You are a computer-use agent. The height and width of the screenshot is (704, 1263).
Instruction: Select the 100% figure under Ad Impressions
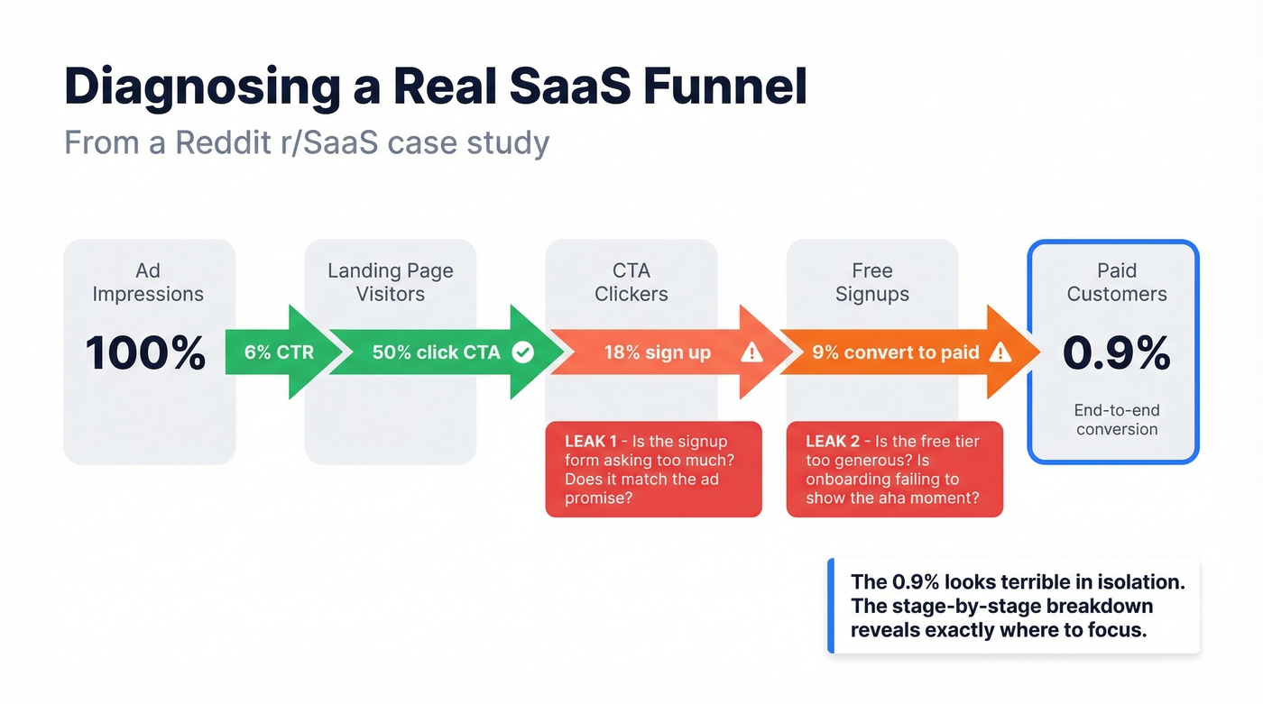point(146,352)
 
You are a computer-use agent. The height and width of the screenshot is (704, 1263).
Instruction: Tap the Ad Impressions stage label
point(148,282)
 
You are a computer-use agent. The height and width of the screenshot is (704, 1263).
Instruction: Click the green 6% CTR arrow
point(278,352)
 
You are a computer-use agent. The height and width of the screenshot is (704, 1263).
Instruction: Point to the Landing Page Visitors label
point(390,282)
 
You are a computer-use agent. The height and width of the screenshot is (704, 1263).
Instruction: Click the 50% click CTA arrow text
point(436,352)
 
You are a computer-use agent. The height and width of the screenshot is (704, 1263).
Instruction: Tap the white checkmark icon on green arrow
point(522,352)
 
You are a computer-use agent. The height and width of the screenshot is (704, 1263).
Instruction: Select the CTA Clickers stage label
point(631,282)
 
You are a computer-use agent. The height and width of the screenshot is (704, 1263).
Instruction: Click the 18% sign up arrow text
point(657,352)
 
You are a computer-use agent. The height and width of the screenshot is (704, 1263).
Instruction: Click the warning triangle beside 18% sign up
point(751,352)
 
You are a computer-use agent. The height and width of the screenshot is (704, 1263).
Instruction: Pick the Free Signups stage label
point(871,282)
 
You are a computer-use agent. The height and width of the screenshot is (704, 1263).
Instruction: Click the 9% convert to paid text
point(895,352)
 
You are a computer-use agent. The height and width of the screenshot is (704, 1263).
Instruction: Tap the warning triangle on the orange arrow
point(1000,352)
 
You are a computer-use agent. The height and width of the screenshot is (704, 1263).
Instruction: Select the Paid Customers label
point(1116,282)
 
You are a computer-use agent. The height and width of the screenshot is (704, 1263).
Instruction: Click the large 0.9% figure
point(1116,352)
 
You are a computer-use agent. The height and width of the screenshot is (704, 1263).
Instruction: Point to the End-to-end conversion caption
point(1116,419)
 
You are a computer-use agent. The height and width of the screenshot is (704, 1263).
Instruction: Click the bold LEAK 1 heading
point(591,442)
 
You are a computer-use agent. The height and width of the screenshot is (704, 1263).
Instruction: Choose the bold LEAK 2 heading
point(833,442)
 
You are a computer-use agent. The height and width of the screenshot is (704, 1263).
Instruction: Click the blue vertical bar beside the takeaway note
point(831,606)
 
